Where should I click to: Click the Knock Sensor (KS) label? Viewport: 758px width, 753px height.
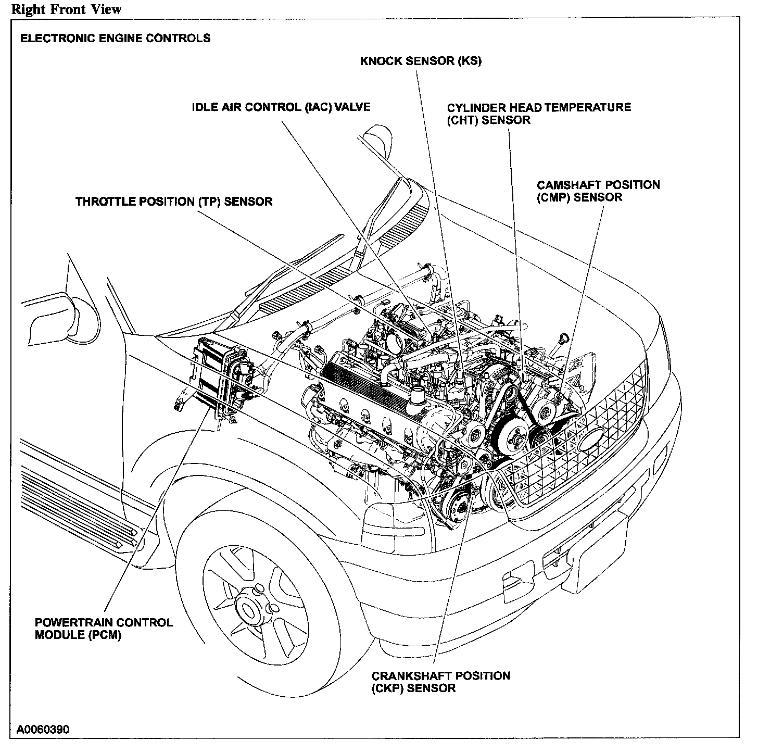[x=421, y=61]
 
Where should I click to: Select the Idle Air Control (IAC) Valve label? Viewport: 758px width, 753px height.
[x=281, y=107]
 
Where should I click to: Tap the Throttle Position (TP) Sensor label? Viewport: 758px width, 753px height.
[x=174, y=202]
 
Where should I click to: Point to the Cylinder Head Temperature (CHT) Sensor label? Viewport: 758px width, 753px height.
[x=539, y=114]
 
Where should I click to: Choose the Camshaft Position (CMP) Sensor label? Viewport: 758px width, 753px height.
[x=598, y=191]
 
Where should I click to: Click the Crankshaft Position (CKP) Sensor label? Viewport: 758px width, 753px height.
[x=440, y=682]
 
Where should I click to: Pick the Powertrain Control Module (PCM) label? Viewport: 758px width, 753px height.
[x=104, y=629]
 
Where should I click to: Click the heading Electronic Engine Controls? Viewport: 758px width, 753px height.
[x=115, y=38]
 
